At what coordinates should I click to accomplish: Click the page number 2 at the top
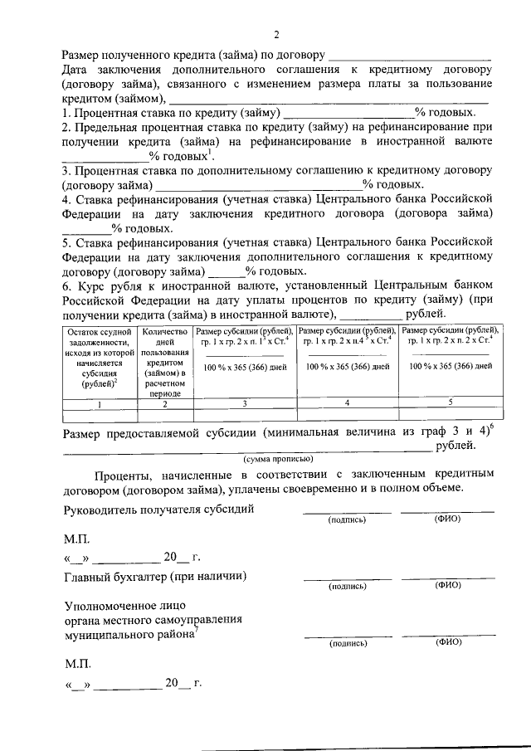278,34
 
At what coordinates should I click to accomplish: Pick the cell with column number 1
100,403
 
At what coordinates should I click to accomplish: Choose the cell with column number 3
245,403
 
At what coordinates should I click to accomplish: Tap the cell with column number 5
451,402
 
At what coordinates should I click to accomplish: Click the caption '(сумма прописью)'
277,459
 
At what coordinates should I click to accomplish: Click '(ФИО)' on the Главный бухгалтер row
448,585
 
